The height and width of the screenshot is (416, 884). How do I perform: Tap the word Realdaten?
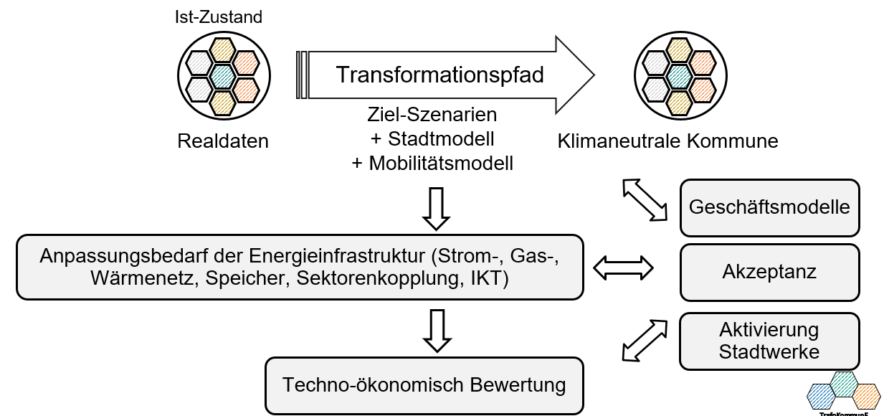tap(223, 141)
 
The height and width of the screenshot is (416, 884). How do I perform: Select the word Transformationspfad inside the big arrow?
tap(440, 75)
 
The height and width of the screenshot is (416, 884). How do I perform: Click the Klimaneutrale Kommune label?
tap(667, 141)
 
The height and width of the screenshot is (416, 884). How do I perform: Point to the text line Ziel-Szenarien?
tap(432, 115)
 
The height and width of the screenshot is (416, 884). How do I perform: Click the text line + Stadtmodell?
tap(432, 138)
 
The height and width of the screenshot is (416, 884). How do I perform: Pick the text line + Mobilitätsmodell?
tap(432, 164)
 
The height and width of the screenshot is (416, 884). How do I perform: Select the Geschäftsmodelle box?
tap(769, 208)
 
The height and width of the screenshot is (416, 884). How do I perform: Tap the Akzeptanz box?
tap(769, 273)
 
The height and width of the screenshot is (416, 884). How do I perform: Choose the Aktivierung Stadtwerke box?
tap(769, 341)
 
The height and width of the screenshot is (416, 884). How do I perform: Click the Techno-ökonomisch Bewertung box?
tap(424, 385)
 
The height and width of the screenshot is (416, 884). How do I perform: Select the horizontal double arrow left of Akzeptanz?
tap(624, 268)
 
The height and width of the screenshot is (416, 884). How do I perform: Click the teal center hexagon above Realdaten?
tap(222, 75)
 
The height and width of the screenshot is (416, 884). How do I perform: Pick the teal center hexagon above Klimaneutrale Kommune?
tap(678, 75)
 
